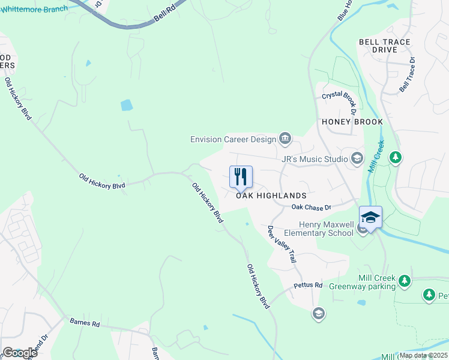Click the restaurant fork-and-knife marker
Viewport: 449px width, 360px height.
[x=241, y=176]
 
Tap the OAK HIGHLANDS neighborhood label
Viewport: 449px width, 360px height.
[x=271, y=196]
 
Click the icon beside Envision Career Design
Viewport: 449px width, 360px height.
[x=285, y=139]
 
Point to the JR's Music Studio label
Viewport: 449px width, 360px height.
[x=315, y=159]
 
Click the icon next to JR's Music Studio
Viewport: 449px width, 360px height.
[x=357, y=158]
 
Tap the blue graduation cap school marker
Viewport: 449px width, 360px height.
[x=370, y=217]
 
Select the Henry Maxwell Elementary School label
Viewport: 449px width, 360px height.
[x=318, y=229]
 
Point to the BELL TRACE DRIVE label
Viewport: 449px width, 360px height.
[x=384, y=46]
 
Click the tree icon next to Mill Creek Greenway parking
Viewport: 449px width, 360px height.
[x=405, y=280]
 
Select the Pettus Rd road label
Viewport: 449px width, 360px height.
[x=308, y=285]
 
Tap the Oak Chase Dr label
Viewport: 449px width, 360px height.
[x=311, y=207]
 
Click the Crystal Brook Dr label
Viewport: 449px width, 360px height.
[x=339, y=100]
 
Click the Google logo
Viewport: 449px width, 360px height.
[x=19, y=352]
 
